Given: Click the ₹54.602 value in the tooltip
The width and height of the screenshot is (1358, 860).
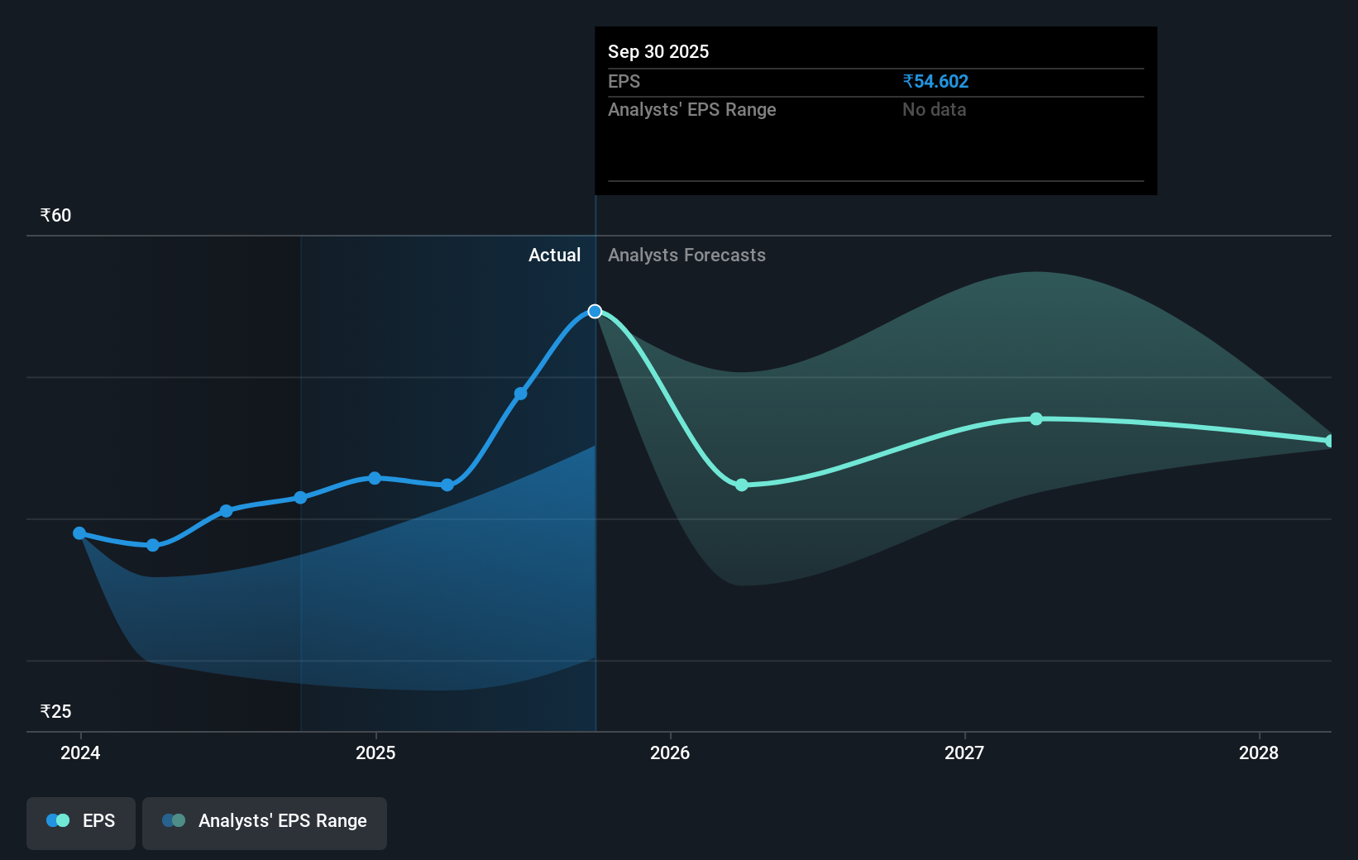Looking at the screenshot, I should point(935,81).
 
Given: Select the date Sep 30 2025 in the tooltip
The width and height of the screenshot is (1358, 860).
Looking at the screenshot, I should point(658,51).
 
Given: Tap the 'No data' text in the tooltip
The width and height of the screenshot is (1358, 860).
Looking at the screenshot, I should point(934,109).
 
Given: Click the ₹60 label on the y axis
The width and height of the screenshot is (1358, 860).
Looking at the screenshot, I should point(55,215).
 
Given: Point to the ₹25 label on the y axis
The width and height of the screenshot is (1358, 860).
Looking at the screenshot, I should point(55,711).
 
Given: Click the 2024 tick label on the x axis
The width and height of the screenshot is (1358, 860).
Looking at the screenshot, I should point(80,752).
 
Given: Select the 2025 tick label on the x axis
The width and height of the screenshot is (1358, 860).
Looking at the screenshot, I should point(375,752).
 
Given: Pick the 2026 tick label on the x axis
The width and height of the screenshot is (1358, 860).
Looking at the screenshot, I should point(670,752).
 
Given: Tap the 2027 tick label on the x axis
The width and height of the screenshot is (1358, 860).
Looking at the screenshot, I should point(964,752).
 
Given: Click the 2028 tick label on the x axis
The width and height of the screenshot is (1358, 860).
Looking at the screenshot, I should point(1259,752).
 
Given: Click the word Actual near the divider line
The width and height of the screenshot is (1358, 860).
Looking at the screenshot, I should point(554,255).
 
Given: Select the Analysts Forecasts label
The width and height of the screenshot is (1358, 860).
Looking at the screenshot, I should point(686,255).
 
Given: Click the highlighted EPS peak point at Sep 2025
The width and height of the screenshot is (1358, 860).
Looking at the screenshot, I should point(595,311).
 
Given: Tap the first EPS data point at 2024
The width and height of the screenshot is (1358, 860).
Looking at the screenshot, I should point(79,533).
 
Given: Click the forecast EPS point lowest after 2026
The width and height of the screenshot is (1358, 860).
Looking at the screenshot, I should point(742,485).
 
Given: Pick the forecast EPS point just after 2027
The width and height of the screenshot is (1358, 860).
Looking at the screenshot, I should point(1036,419).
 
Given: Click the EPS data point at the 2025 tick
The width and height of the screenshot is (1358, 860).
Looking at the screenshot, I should point(375,478).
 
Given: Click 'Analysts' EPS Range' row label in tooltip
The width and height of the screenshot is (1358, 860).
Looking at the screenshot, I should point(691,109).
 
